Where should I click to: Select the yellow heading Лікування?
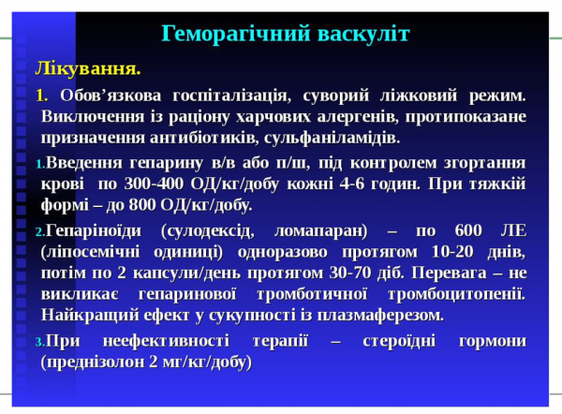(88, 68)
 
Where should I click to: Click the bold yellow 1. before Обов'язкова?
(41, 96)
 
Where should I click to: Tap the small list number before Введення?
(39, 163)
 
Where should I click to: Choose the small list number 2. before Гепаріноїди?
(39, 230)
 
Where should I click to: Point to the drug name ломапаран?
(320, 229)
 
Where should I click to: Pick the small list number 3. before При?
(39, 341)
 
